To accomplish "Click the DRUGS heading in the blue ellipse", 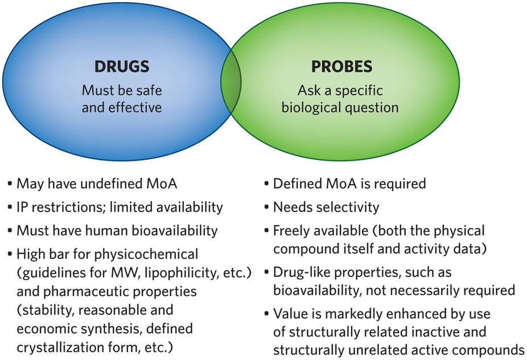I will pos(121,67).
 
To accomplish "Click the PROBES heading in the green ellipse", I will pos(341,67).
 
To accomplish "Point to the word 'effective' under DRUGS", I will pos(134,107).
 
